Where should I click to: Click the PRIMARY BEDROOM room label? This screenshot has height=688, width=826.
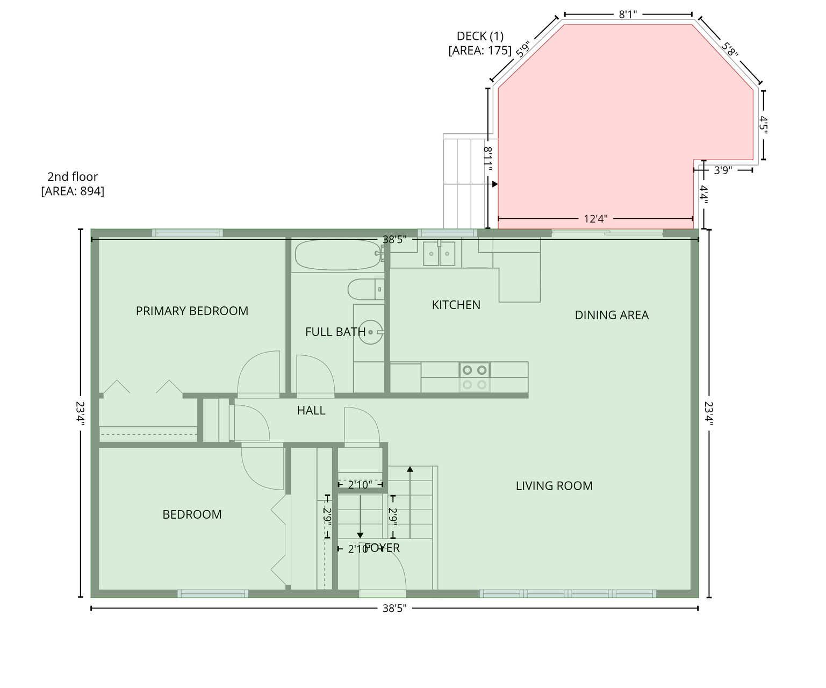(x=192, y=311)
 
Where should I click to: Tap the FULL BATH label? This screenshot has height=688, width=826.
(x=335, y=332)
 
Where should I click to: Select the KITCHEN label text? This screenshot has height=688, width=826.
(x=456, y=305)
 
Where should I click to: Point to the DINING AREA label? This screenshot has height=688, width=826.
(x=611, y=316)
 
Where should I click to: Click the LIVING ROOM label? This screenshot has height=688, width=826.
(x=554, y=486)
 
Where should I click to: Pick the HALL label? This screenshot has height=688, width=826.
(x=311, y=411)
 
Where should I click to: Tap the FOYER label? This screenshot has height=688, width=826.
(x=382, y=548)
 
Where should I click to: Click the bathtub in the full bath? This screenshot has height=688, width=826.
(x=338, y=255)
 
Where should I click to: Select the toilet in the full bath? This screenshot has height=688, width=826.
(x=365, y=289)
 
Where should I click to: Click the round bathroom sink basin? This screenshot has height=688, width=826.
(x=370, y=332)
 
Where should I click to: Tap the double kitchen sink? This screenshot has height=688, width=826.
(x=439, y=254)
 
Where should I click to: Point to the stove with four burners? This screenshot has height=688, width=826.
(x=475, y=377)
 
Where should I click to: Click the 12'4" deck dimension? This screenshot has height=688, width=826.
(x=595, y=219)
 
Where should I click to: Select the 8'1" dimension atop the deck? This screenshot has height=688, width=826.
(x=628, y=15)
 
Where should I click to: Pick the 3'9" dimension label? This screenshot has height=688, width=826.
(x=723, y=170)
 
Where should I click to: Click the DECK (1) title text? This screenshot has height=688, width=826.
(x=480, y=37)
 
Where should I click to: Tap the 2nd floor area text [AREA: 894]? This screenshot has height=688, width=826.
(x=73, y=191)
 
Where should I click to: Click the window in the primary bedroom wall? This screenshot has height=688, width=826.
(x=187, y=233)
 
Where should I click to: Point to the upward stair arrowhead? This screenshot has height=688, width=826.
(x=410, y=469)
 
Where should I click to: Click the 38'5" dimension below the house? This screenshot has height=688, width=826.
(x=394, y=608)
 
